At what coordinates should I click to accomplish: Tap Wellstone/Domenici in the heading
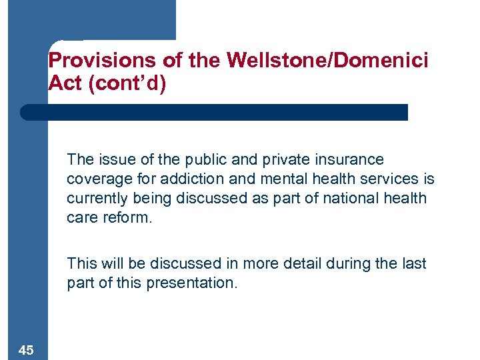point(327,61)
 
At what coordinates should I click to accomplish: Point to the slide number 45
point(27,350)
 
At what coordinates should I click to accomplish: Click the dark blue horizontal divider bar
point(213,112)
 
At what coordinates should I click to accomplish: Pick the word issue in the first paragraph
point(113,160)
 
